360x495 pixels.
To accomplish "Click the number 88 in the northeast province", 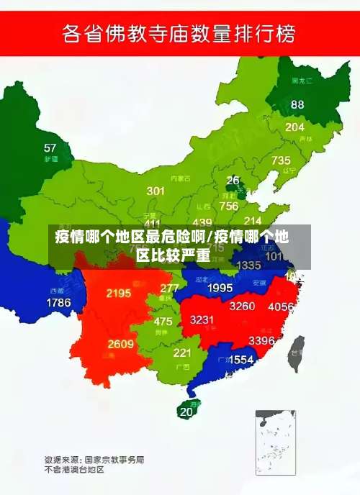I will [x=297, y=104].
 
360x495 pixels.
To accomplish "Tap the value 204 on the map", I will [x=294, y=127].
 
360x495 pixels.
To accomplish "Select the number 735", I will [x=281, y=160].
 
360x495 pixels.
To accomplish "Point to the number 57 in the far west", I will [x=50, y=148].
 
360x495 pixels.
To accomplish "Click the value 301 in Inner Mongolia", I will [x=156, y=191].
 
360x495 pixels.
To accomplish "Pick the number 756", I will [x=229, y=206].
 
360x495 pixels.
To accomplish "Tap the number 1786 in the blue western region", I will [x=58, y=302].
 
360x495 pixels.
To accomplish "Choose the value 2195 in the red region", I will [x=118, y=293].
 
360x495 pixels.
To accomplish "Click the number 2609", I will [x=120, y=344].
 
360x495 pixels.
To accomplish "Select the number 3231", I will [x=202, y=319].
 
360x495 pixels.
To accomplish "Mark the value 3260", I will [x=242, y=306].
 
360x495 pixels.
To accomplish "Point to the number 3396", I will [x=261, y=340].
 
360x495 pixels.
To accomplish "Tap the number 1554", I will [x=241, y=359].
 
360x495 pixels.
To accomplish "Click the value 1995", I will [x=220, y=288].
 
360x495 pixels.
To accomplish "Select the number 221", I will [x=181, y=353].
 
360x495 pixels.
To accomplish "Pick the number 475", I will [x=163, y=322].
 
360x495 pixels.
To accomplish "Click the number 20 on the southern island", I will [x=186, y=412].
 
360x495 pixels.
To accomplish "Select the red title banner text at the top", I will [x=180, y=34].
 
